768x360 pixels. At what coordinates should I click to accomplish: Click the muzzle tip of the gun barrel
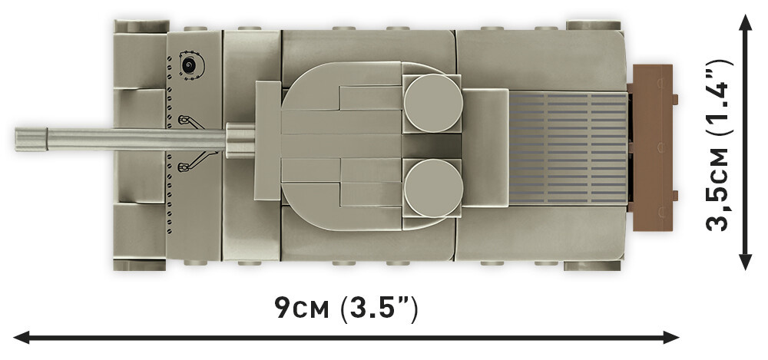pyautogui.click(x=16, y=139)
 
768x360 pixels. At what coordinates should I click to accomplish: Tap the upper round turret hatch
pyautogui.click(x=433, y=103)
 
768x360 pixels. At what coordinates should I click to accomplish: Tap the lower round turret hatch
pyautogui.click(x=433, y=188)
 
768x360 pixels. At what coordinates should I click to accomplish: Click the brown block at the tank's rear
pyautogui.click(x=651, y=147)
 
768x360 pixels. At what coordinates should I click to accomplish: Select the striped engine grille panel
pyautogui.click(x=568, y=147)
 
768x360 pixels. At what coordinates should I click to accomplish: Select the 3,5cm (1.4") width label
pyautogui.click(x=720, y=145)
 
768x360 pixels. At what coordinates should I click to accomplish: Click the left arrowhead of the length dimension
pyautogui.click(x=22, y=337)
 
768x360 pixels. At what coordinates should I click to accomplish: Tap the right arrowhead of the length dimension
pyautogui.click(x=670, y=337)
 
